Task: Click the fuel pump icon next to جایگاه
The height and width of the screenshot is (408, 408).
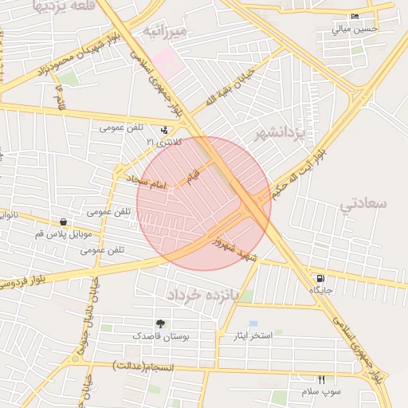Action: pyautogui.click(x=320, y=279)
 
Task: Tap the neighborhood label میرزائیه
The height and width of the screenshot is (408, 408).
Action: pyautogui.click(x=163, y=31)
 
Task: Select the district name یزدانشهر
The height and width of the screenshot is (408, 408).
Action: pyautogui.click(x=280, y=134)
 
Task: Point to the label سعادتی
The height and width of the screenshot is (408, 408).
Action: pyautogui.click(x=363, y=203)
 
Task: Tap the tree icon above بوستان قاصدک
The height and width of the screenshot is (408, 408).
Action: pyautogui.click(x=160, y=324)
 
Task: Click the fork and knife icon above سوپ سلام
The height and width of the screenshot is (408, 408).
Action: pyautogui.click(x=322, y=379)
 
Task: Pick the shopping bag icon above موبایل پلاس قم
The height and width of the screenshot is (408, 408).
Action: pyautogui.click(x=63, y=222)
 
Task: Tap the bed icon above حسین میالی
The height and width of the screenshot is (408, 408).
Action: pyautogui.click(x=355, y=17)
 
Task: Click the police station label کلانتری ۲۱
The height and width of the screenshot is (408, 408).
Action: pyautogui.click(x=163, y=142)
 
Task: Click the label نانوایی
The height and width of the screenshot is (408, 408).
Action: pyautogui.click(x=7, y=214)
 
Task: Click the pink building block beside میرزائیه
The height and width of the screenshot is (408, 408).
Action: pyautogui.click(x=168, y=61)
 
